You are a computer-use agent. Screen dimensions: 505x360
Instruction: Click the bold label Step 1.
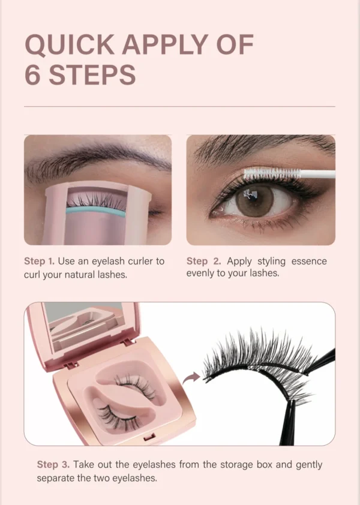(x=40, y=261)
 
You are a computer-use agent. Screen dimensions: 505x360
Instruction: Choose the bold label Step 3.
(x=53, y=464)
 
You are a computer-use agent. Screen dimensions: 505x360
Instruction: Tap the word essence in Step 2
(x=309, y=261)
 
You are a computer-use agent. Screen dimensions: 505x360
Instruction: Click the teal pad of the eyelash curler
(x=96, y=211)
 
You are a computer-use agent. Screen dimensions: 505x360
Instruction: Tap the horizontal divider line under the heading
(x=179, y=107)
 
